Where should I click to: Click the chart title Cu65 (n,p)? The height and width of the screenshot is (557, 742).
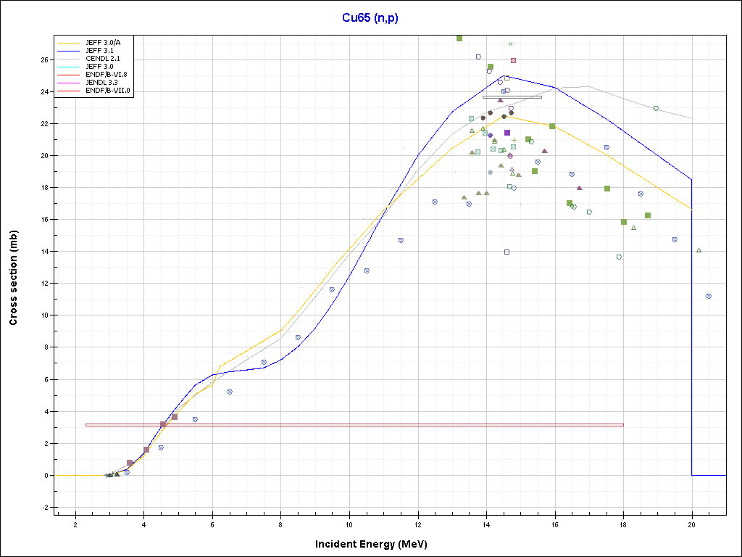pyautogui.click(x=370, y=17)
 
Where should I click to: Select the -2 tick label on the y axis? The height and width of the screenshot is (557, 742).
pyautogui.click(x=44, y=507)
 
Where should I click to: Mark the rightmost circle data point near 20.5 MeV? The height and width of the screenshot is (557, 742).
pyautogui.click(x=709, y=296)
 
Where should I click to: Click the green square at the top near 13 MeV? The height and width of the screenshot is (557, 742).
pyautogui.click(x=459, y=38)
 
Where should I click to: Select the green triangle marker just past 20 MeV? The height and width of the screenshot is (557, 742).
pyautogui.click(x=699, y=250)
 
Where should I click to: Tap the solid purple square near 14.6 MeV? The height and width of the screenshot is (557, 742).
pyautogui.click(x=507, y=133)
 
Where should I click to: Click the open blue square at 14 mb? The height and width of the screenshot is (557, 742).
pyautogui.click(x=507, y=252)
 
